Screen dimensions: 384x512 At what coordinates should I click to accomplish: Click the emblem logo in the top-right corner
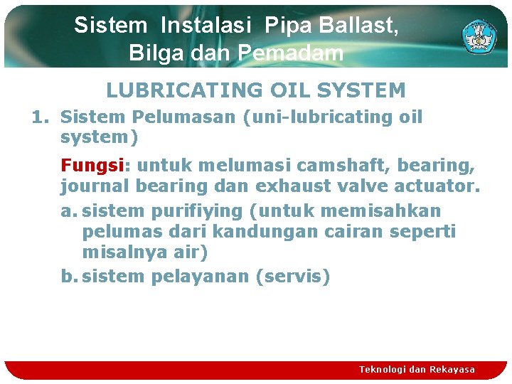pyautogui.click(x=480, y=36)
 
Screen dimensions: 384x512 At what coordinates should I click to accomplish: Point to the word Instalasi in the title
pyautogui.click(x=206, y=26)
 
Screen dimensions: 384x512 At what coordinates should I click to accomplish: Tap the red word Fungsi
pyautogui.click(x=92, y=166)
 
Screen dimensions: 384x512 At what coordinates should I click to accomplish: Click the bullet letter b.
pyautogui.click(x=68, y=276)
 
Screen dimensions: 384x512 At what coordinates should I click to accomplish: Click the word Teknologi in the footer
pyautogui.click(x=384, y=369)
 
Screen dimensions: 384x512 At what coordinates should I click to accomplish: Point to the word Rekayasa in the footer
pyautogui.click(x=452, y=369)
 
